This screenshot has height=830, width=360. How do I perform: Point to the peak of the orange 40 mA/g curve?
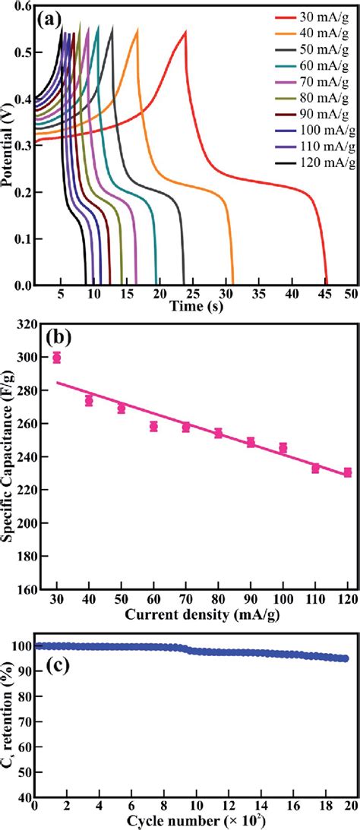(137, 30)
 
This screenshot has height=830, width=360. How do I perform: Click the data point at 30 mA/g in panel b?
(56, 358)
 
